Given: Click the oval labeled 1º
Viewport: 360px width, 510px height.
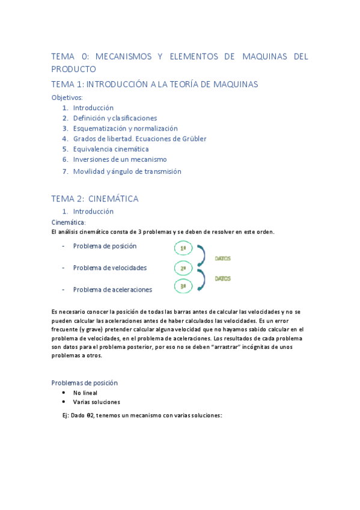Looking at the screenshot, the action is tap(183, 247).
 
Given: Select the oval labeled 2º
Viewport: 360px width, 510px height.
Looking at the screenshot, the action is tap(183, 268).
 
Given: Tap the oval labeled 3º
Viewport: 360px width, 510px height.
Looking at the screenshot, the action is tap(183, 287).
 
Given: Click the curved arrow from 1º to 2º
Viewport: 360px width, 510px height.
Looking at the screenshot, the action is tap(203, 257).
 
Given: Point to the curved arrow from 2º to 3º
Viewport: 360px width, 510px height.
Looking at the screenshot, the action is tap(203, 278).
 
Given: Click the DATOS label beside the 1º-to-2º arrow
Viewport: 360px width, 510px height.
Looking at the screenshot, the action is tap(223, 259).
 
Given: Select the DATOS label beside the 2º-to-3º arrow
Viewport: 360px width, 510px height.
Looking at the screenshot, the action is tap(223, 278).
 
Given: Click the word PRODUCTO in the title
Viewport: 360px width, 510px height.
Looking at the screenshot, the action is tap(73, 69).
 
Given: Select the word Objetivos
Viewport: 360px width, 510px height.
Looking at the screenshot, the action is tap(67, 97).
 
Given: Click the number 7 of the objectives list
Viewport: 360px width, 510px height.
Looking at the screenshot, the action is tap(65, 171).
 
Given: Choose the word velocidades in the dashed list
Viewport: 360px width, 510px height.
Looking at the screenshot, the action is tap(126, 268).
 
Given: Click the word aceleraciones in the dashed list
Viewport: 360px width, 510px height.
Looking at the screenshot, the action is tap(128, 290).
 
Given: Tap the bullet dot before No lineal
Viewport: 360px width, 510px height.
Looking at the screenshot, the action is tap(64, 392).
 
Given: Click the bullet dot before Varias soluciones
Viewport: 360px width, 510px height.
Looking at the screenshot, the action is tap(64, 402).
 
